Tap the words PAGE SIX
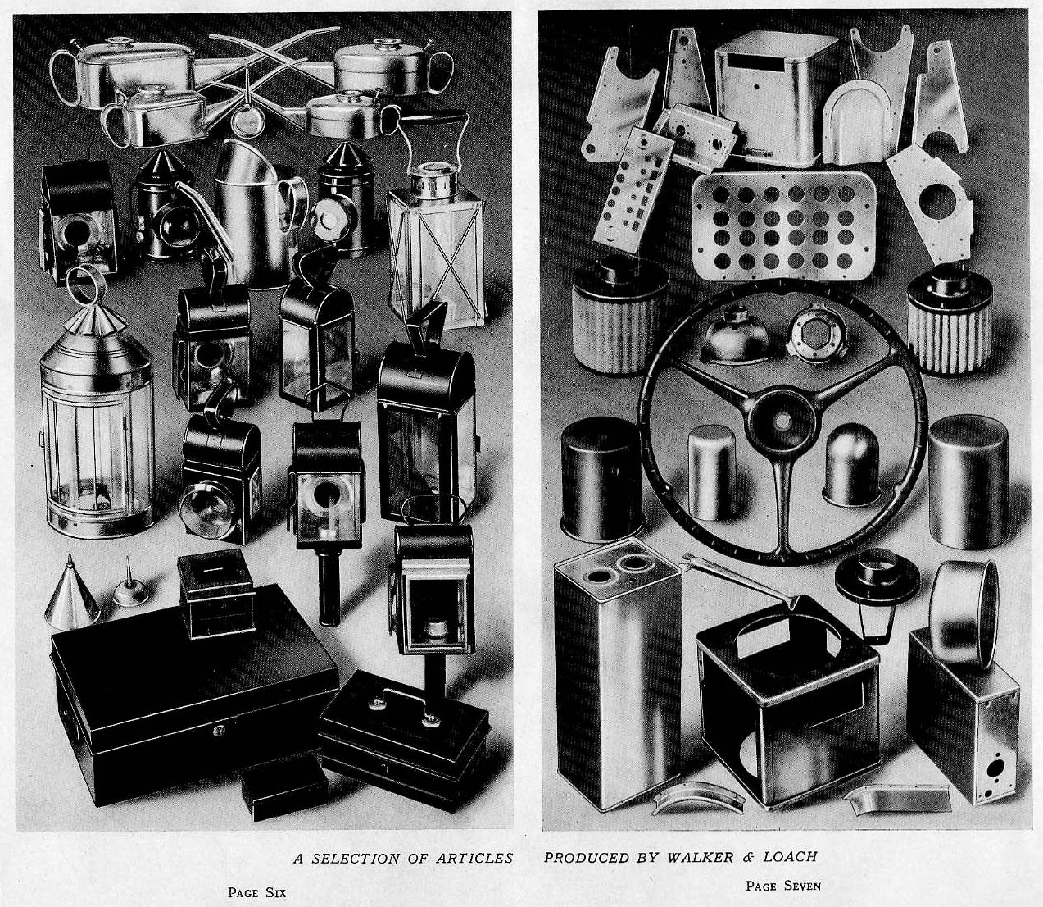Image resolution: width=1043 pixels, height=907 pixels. tap(256, 892)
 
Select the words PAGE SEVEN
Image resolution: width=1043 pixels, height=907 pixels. tap(783, 885)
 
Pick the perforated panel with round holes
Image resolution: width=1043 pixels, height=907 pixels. tap(784, 226)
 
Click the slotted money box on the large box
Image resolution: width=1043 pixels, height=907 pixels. tap(215, 595)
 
